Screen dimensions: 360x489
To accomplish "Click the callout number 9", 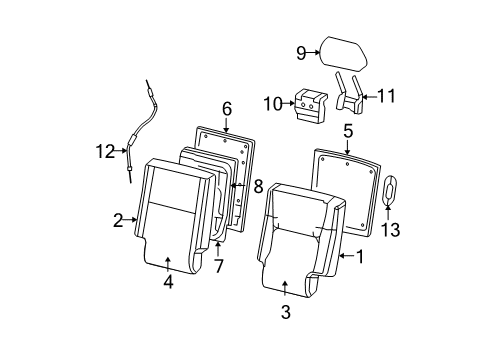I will (301, 53).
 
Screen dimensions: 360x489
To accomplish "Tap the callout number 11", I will (386, 97).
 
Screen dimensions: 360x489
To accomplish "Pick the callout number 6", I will (227, 108).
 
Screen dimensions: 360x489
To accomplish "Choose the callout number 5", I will (347, 130).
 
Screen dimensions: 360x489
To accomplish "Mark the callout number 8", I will (258, 185).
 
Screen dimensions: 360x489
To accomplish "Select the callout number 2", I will (118, 218).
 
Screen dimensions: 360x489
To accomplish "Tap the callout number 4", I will (168, 283).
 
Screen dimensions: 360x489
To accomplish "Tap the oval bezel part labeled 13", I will (391, 190).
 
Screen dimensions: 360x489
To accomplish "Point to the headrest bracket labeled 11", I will (352, 92).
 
